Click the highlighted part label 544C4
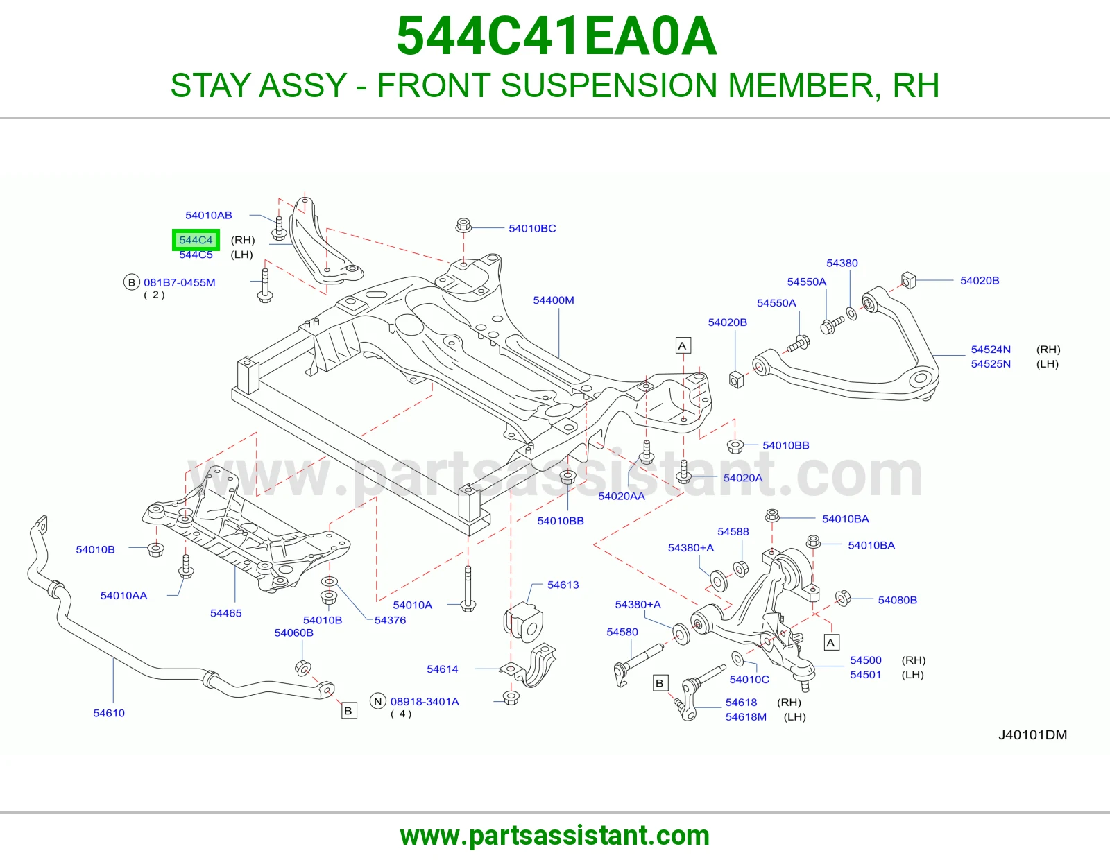coord(196,240)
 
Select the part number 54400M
coord(553,300)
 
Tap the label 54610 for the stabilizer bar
coord(109,713)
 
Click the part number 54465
coord(225,613)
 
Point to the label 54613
coord(563,585)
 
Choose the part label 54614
coord(443,669)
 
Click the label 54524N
coord(991,350)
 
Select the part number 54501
coord(865,675)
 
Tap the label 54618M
coord(746,717)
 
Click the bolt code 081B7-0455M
coord(179,282)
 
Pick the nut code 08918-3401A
coord(425,702)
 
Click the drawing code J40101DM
coord(1032,735)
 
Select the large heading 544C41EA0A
coord(556,36)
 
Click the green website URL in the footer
coord(555,836)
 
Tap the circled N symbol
coord(377,701)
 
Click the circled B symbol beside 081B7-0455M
coord(132,282)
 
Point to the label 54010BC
coord(532,228)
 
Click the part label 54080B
coord(898,600)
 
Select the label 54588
coord(733,532)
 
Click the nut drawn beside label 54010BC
coord(463,225)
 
